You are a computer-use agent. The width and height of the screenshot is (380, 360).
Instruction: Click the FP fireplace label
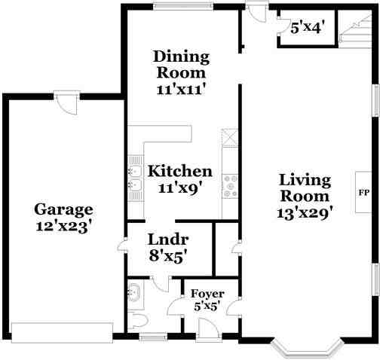(x=363, y=193)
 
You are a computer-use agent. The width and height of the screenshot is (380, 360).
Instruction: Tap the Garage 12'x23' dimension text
(x=63, y=227)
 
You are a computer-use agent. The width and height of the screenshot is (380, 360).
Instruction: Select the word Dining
(x=181, y=56)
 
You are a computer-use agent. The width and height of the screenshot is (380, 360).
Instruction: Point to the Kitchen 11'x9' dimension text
(x=180, y=188)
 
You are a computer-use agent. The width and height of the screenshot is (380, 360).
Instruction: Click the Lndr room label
(x=168, y=239)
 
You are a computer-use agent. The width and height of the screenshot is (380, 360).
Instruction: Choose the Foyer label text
(x=207, y=294)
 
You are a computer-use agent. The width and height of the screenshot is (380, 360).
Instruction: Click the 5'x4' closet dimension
(x=306, y=27)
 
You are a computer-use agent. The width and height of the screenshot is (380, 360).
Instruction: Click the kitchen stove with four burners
(x=231, y=186)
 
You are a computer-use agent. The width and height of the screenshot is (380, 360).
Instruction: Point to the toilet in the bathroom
(x=137, y=322)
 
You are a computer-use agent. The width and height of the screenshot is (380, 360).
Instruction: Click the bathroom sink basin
(x=134, y=292)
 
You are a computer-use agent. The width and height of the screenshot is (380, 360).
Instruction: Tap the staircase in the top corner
(x=354, y=28)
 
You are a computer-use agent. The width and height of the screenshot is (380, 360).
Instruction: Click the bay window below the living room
(x=307, y=348)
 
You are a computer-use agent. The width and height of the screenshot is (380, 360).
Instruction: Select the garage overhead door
(x=62, y=333)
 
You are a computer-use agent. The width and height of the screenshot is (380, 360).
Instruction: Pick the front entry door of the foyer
(x=209, y=329)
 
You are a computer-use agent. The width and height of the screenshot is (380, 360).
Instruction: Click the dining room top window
(x=183, y=6)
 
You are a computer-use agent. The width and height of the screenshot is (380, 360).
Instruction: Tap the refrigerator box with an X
(x=230, y=138)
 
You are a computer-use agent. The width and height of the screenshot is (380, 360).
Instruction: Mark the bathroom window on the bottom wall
(x=153, y=337)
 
